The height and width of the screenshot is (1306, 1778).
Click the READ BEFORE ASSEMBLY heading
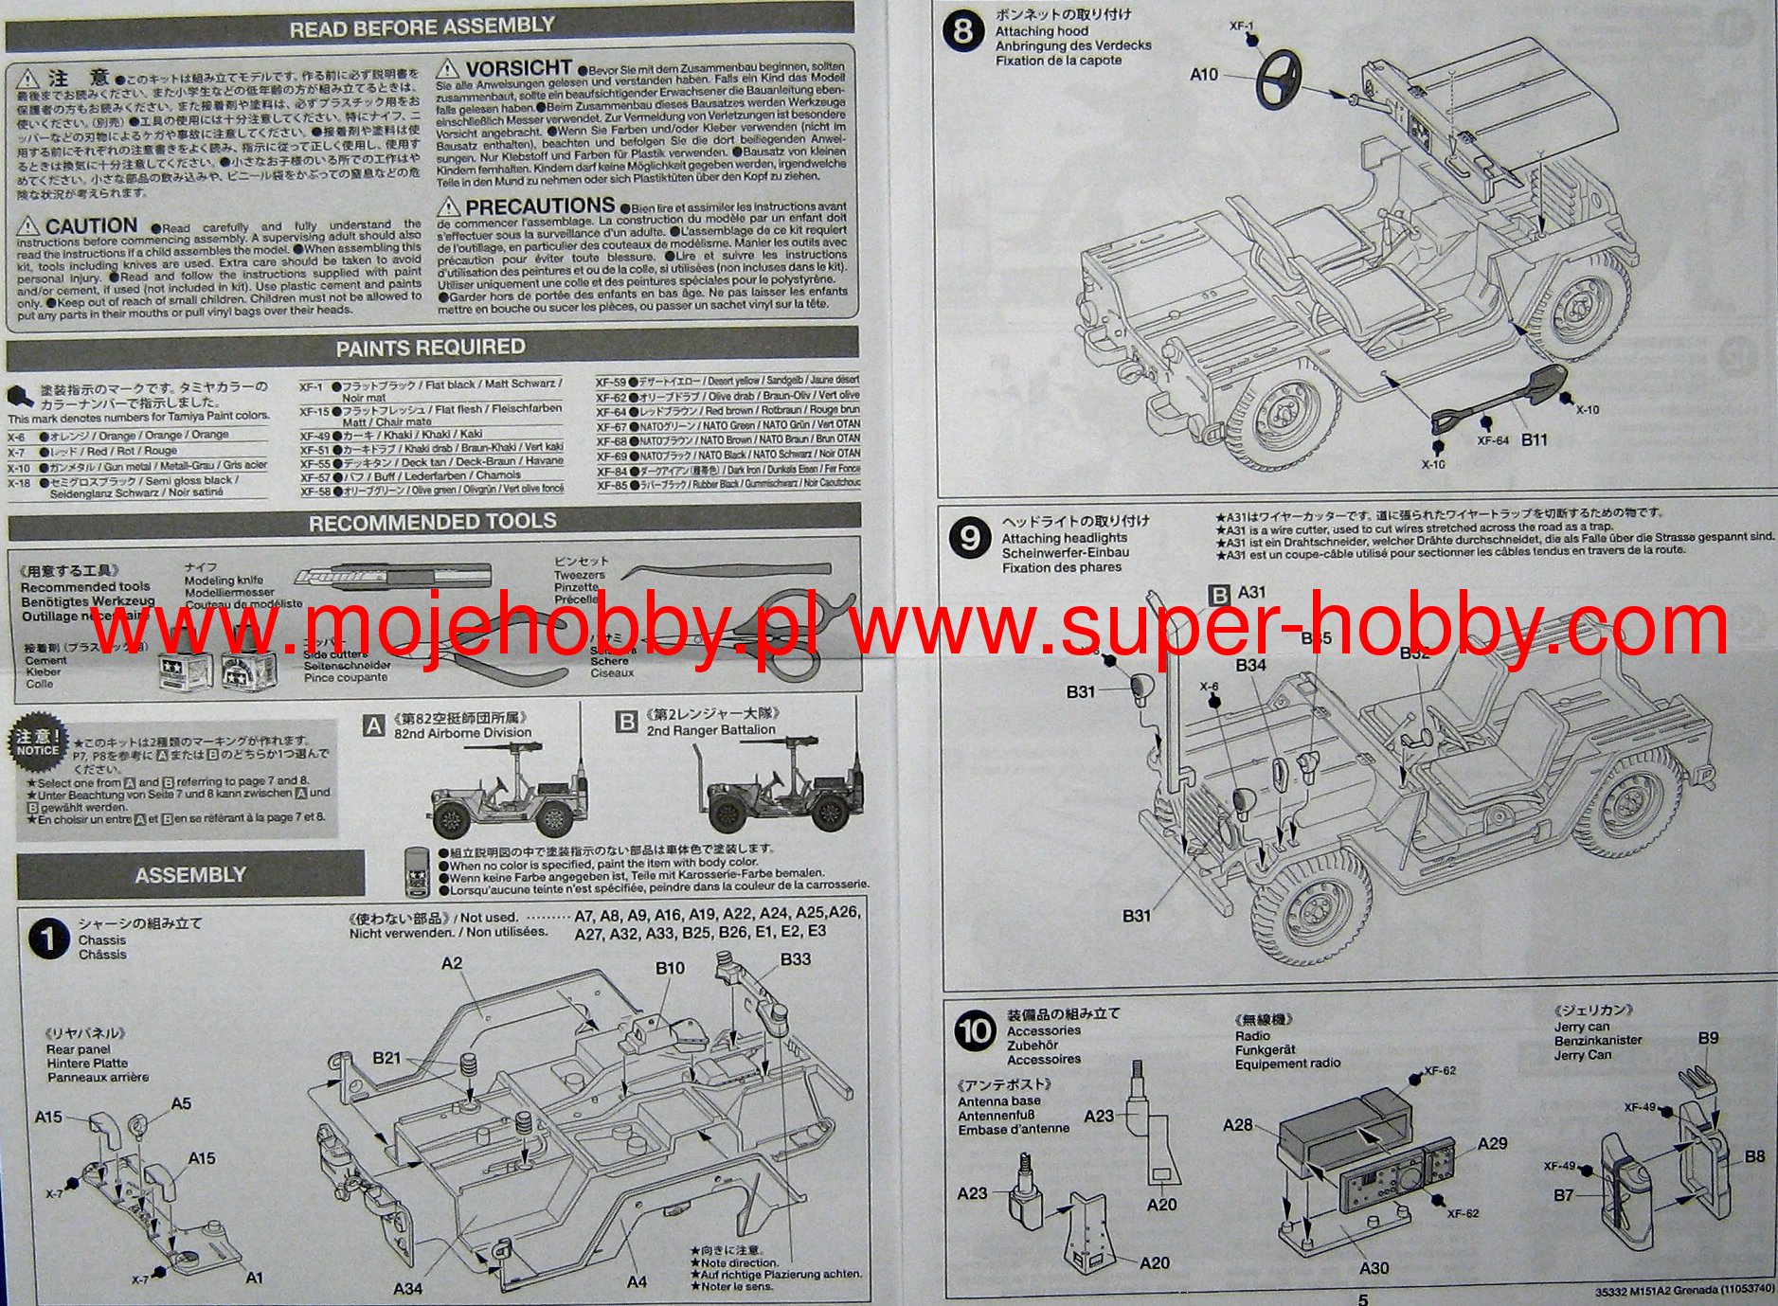pos(422,27)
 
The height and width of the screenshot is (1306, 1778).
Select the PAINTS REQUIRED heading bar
pos(430,348)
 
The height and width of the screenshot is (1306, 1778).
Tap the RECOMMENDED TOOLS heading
pos(432,522)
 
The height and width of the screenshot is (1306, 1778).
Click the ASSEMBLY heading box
pos(189,875)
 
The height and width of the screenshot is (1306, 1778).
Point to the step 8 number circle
pos(963,31)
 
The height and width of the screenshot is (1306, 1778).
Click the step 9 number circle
pos(969,538)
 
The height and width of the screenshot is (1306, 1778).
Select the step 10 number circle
pos(975,1031)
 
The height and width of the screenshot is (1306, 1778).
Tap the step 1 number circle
pos(48,939)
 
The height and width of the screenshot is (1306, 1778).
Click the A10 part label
pos(1204,74)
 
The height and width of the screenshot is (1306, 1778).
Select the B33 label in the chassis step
pos(795,959)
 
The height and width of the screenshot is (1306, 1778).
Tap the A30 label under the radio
pos(1374,1267)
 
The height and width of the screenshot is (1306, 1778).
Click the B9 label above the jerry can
pos(1707,1038)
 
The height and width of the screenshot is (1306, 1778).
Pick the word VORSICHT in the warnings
pos(518,68)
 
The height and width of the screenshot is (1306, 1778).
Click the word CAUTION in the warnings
pos(91,225)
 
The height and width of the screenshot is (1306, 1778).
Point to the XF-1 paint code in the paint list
pos(311,387)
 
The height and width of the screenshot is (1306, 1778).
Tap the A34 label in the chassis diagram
pos(407,1288)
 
